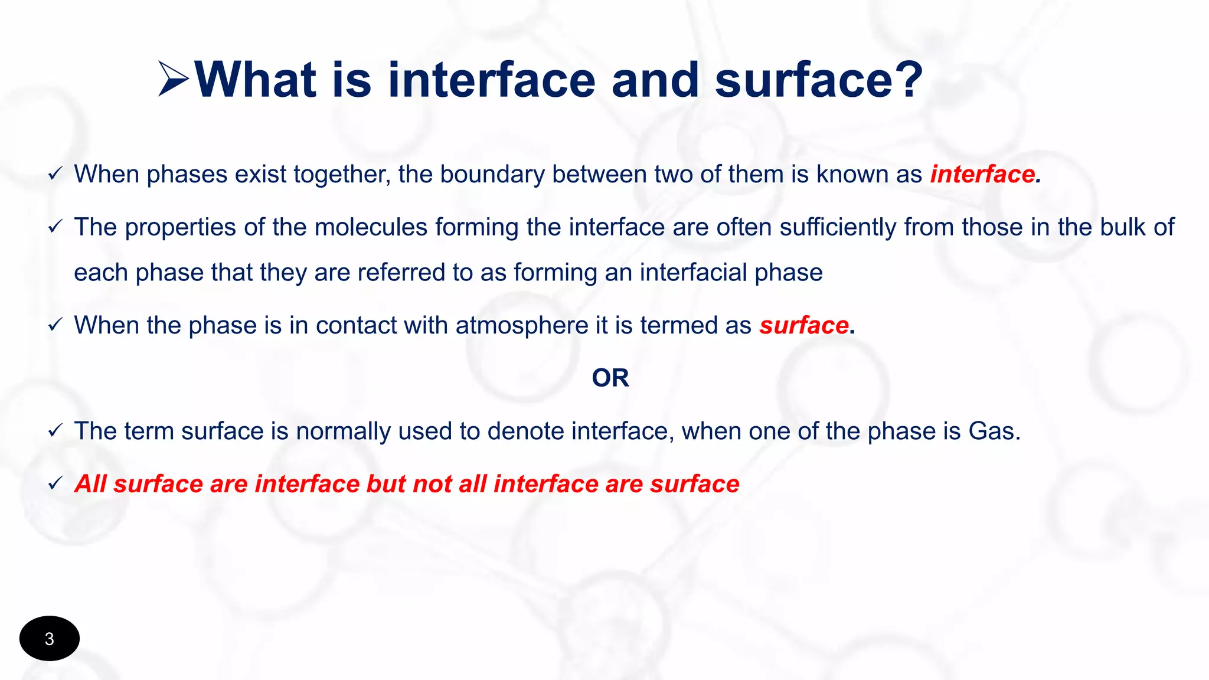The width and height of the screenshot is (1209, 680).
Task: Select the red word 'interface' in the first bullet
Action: click(x=983, y=174)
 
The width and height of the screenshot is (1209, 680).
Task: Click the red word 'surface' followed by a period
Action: click(x=804, y=325)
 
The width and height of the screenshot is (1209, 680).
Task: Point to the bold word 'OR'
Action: click(x=610, y=378)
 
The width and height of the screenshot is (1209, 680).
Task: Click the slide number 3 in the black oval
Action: click(x=50, y=639)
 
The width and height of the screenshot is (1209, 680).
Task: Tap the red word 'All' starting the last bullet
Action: click(x=90, y=484)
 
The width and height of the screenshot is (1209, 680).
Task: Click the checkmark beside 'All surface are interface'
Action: click(x=55, y=484)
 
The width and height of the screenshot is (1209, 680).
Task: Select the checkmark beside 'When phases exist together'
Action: click(x=55, y=174)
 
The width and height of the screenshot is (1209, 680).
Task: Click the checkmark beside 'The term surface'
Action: click(x=55, y=431)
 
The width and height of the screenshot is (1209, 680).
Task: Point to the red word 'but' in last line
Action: click(x=386, y=484)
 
